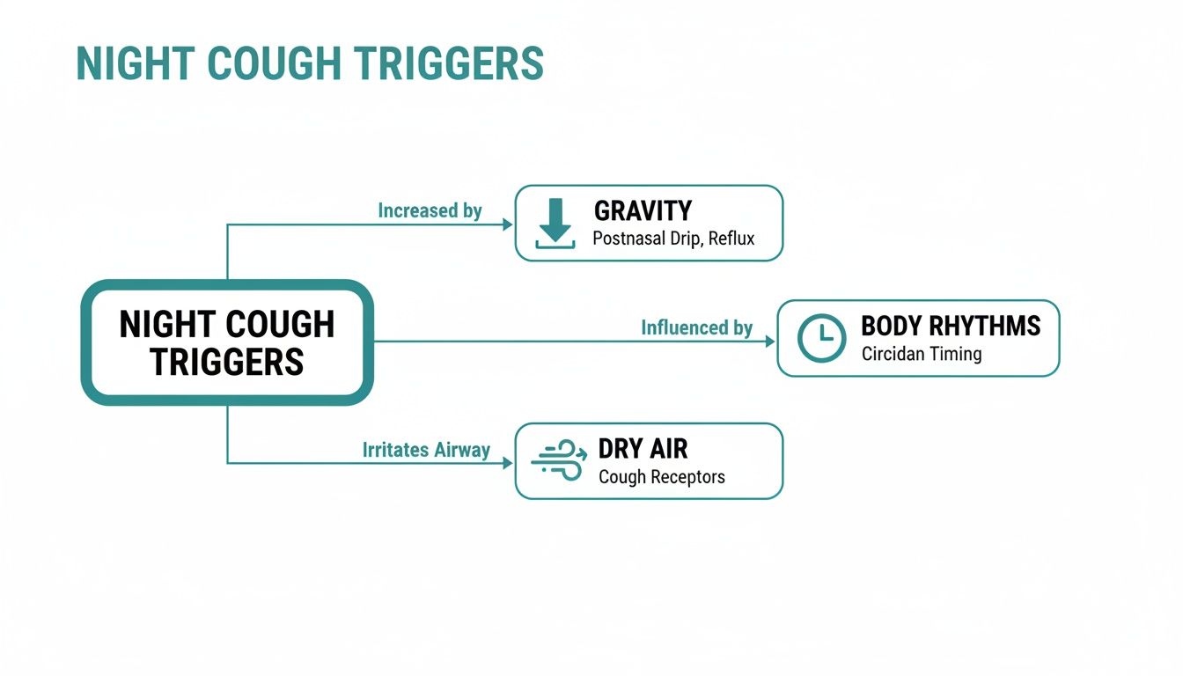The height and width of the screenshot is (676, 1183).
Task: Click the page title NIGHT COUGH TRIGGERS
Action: pyautogui.click(x=310, y=63)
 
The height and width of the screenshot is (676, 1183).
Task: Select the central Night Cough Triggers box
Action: pyautogui.click(x=227, y=342)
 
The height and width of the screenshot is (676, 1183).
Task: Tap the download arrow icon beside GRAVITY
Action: pyautogui.click(x=555, y=223)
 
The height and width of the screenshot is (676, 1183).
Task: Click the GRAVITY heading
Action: pyautogui.click(x=643, y=211)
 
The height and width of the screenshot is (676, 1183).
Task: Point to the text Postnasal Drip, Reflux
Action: pyautogui.click(x=673, y=239)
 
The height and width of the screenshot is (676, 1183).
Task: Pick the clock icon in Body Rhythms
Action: pyautogui.click(x=820, y=338)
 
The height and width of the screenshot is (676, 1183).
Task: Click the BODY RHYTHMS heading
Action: pyautogui.click(x=951, y=326)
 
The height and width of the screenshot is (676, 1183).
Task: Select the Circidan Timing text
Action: pyautogui.click(x=922, y=355)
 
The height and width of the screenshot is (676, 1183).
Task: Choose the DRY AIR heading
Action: pyautogui.click(x=643, y=449)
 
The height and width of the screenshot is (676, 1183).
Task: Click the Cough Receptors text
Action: pyautogui.click(x=662, y=477)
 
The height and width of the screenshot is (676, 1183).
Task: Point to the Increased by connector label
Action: pyautogui.click(x=430, y=211)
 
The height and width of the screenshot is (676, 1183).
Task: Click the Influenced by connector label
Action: pyautogui.click(x=696, y=328)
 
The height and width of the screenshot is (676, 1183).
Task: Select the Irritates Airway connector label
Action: pyautogui.click(x=426, y=450)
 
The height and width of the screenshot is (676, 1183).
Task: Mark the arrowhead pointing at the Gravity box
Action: pyautogui.click(x=508, y=224)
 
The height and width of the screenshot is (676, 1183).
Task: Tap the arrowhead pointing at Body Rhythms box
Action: pyautogui.click(x=770, y=342)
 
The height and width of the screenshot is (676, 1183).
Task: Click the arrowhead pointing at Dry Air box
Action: pyautogui.click(x=508, y=463)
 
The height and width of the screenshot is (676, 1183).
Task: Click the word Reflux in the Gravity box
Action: pyautogui.click(x=731, y=239)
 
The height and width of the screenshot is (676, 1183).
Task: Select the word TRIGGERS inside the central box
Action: pyautogui.click(x=227, y=362)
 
